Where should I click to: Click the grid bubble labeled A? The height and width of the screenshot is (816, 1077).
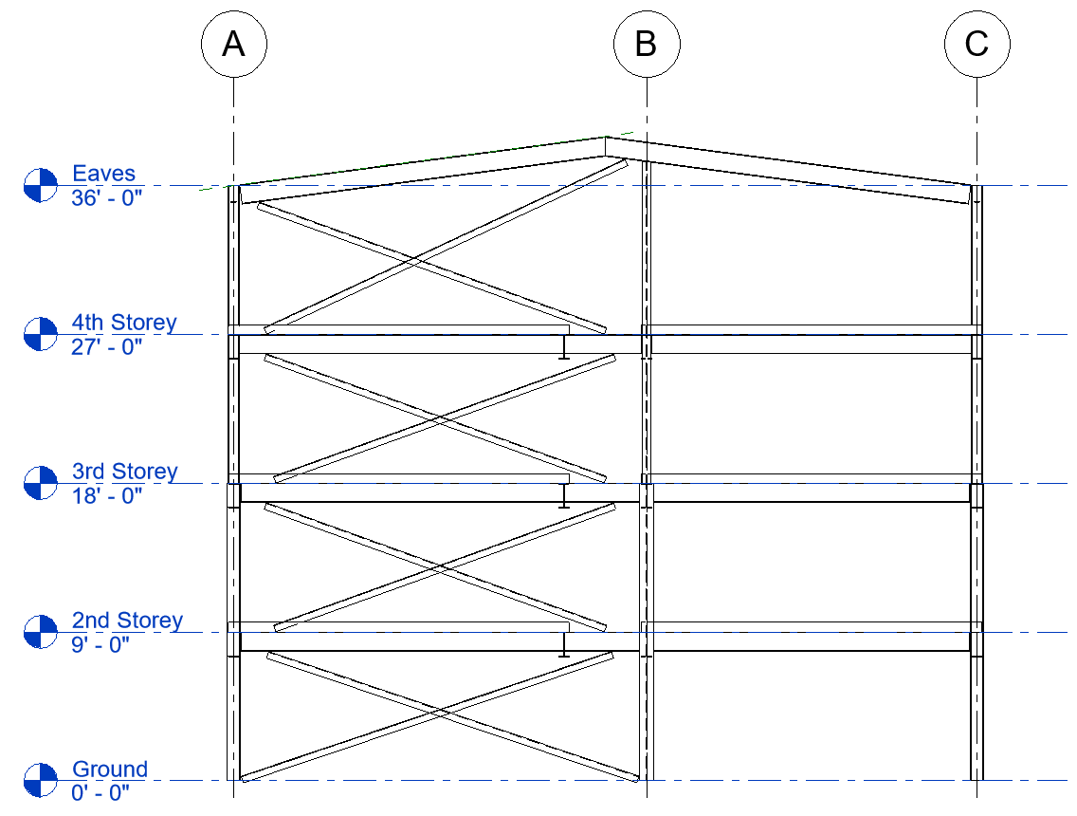[x=234, y=44]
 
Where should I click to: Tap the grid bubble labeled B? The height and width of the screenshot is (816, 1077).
[x=646, y=44]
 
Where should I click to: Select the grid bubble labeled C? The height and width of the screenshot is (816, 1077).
[x=977, y=44]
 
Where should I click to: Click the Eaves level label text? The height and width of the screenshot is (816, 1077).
[x=104, y=174]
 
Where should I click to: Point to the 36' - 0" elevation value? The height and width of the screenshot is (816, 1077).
[x=106, y=198]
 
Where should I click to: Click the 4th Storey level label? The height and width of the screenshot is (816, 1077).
[x=124, y=323]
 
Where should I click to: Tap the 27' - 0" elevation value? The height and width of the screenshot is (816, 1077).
[x=106, y=347]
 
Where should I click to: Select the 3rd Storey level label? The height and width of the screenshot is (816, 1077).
[x=124, y=472]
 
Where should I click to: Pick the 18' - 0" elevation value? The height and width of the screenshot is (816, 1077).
[x=106, y=495]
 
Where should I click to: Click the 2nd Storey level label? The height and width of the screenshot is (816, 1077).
[x=127, y=621]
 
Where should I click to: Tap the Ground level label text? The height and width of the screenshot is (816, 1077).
[x=110, y=770]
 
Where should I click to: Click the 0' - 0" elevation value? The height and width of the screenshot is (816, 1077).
[x=100, y=793]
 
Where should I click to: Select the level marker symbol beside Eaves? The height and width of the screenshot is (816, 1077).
[x=41, y=185]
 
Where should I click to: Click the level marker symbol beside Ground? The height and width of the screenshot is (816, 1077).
[x=41, y=780]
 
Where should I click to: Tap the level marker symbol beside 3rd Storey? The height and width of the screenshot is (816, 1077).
[x=41, y=483]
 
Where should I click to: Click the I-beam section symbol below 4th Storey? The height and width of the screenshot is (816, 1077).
[x=563, y=347]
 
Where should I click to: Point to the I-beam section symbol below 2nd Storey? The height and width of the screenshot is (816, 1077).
[x=563, y=645]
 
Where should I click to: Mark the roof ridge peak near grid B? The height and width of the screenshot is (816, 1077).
[x=606, y=139]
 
